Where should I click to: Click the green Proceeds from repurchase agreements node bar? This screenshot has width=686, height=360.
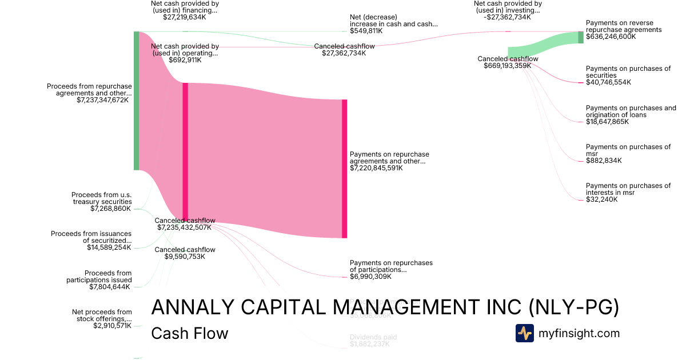(136, 101)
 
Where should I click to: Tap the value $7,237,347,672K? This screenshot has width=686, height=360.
(103, 100)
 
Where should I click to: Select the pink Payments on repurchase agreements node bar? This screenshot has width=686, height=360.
(344, 169)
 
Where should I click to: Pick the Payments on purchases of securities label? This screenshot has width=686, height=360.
(628, 72)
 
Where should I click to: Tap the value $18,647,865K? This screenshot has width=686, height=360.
(608, 122)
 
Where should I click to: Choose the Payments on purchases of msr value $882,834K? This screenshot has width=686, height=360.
(604, 161)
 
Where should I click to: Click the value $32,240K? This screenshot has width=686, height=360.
(601, 199)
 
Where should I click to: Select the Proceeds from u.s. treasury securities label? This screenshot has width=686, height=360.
(102, 198)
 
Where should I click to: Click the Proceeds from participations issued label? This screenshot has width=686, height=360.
(99, 277)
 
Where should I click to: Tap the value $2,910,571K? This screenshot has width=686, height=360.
(112, 326)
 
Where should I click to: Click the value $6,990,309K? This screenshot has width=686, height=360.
(370, 277)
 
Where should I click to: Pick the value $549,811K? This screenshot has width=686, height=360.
(366, 31)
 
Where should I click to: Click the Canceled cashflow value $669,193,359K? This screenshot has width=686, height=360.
(508, 66)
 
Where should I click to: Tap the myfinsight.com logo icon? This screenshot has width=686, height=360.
(524, 333)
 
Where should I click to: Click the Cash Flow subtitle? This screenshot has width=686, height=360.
(189, 333)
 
